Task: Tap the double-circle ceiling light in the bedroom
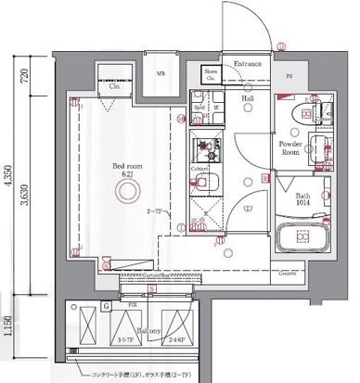coord(123,192)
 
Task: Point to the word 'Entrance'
coord(248,64)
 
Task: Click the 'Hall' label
coord(248,96)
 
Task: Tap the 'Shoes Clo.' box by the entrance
coord(212,77)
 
